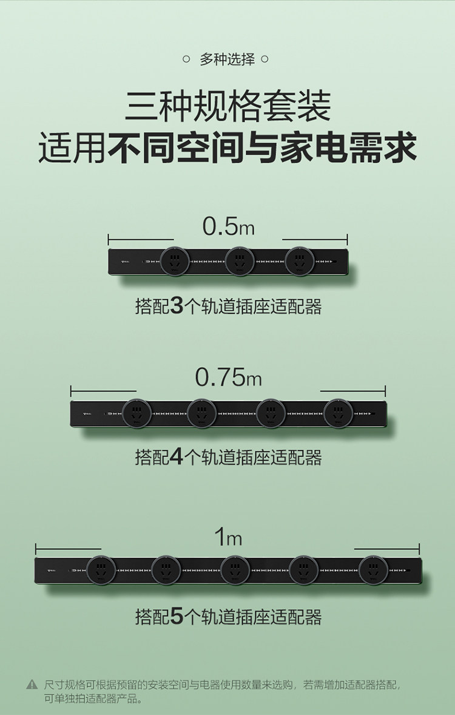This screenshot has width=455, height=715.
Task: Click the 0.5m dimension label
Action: (228, 226)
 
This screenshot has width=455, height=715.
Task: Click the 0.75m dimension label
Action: (228, 377)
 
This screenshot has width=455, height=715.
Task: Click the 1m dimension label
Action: (228, 537)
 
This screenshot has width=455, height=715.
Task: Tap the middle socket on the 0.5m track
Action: (240, 262)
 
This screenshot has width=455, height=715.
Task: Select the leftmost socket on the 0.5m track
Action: (175, 262)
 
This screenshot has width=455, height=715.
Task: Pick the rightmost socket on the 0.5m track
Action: (299, 262)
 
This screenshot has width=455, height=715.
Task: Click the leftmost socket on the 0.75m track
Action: (137, 414)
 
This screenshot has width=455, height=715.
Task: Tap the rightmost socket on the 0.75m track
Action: (338, 414)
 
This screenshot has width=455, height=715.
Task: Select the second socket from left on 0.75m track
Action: (201, 414)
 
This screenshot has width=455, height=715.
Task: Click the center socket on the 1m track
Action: (235, 571)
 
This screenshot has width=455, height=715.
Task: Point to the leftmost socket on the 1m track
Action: (101, 571)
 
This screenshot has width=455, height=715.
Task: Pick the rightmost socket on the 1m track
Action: (373, 571)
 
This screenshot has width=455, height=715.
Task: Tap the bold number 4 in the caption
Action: (177, 457)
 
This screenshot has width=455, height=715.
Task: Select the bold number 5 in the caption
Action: (177, 617)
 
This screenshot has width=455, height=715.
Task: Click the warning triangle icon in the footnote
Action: (32, 685)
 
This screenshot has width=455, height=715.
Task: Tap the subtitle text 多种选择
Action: (227, 59)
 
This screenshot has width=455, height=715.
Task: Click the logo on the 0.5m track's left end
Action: (126, 262)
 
